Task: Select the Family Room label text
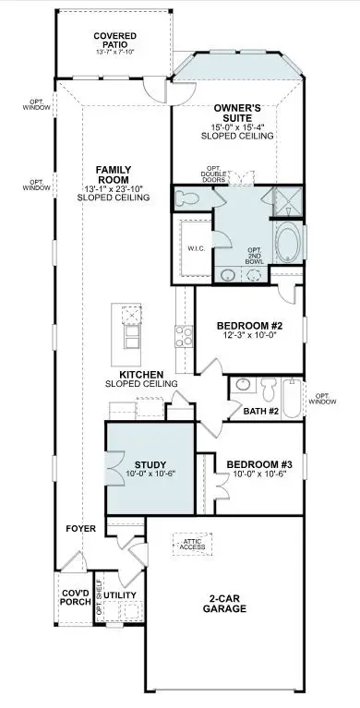122,174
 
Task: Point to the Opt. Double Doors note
222,173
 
